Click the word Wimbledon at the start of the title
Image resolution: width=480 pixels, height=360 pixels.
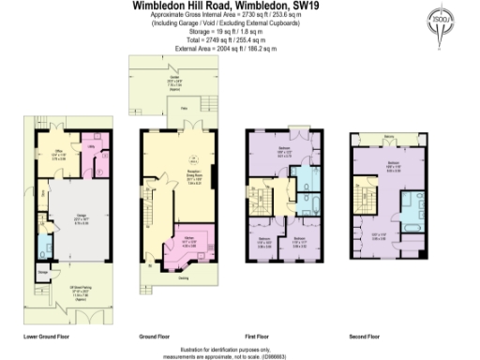pos(164,5)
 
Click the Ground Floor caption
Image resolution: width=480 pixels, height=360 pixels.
pos(156,334)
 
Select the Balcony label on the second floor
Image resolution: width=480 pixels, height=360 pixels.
pos(389,141)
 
